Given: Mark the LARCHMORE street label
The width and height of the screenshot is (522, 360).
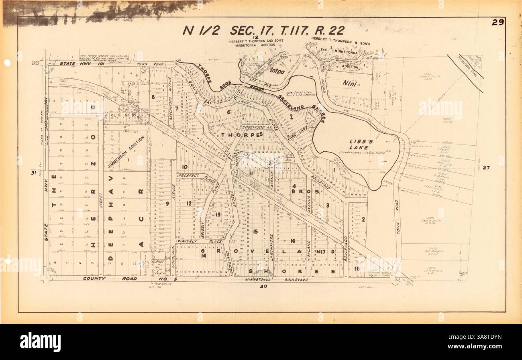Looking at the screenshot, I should [x=271, y=247].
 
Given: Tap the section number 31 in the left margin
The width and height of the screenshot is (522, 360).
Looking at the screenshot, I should [x=33, y=173].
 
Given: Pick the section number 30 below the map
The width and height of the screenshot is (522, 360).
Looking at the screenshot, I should [x=263, y=287].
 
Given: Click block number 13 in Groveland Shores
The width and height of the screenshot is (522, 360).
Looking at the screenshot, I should [x=218, y=215].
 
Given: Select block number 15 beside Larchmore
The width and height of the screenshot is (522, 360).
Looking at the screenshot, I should [x=255, y=232].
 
